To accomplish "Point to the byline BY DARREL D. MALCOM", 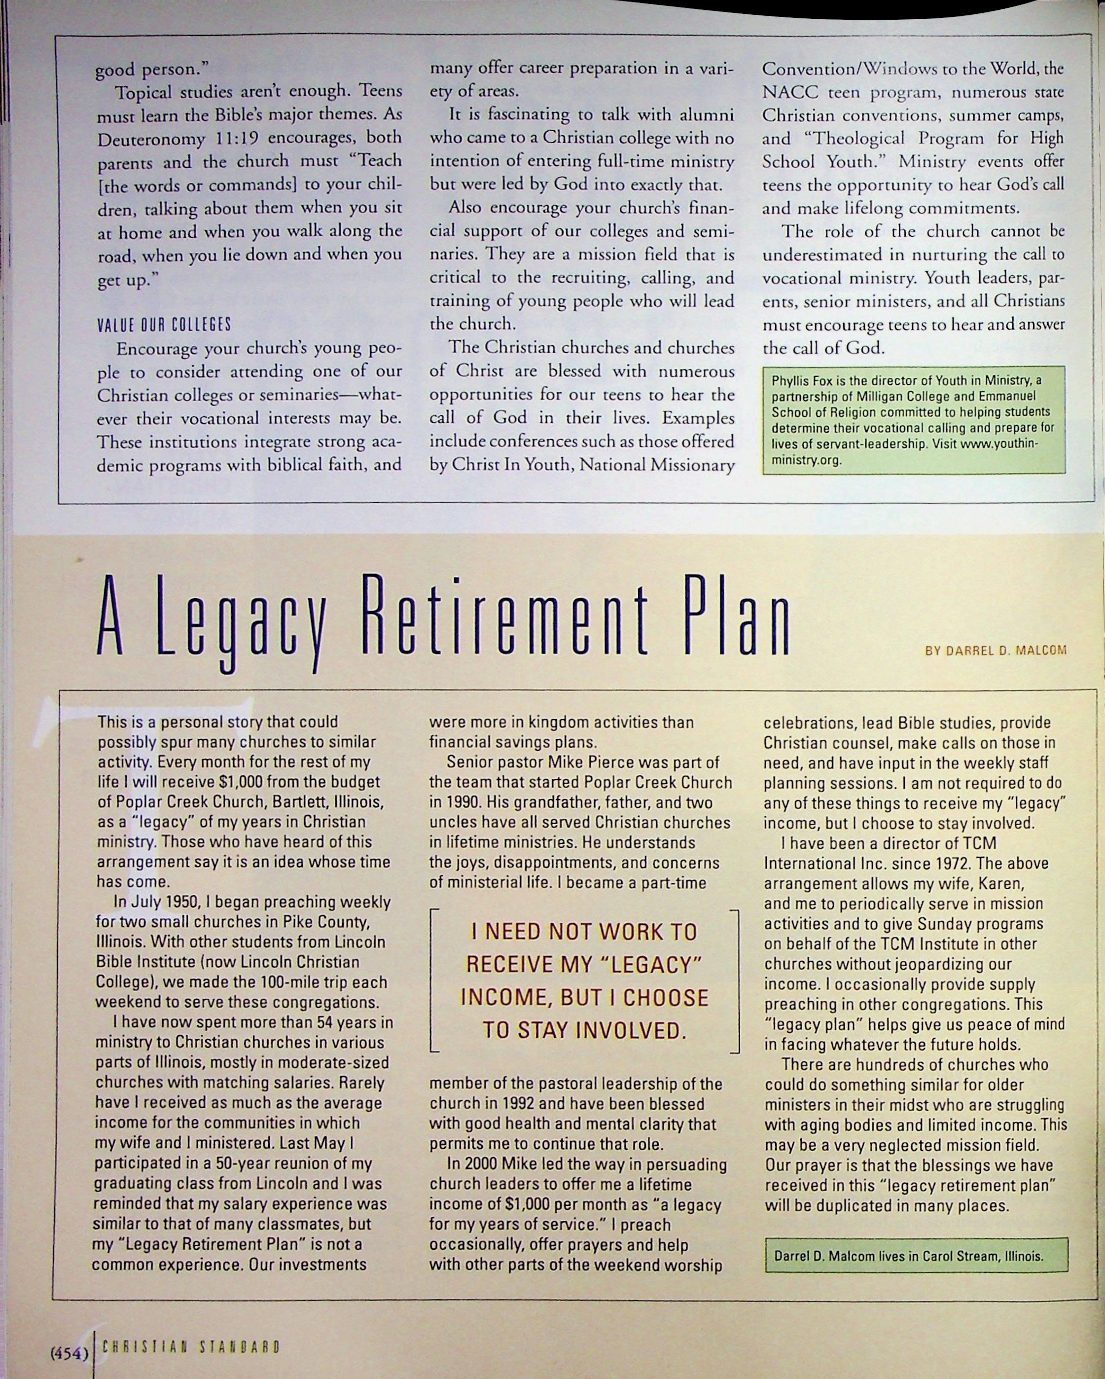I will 996,651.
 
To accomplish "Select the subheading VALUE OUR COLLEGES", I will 164,325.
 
